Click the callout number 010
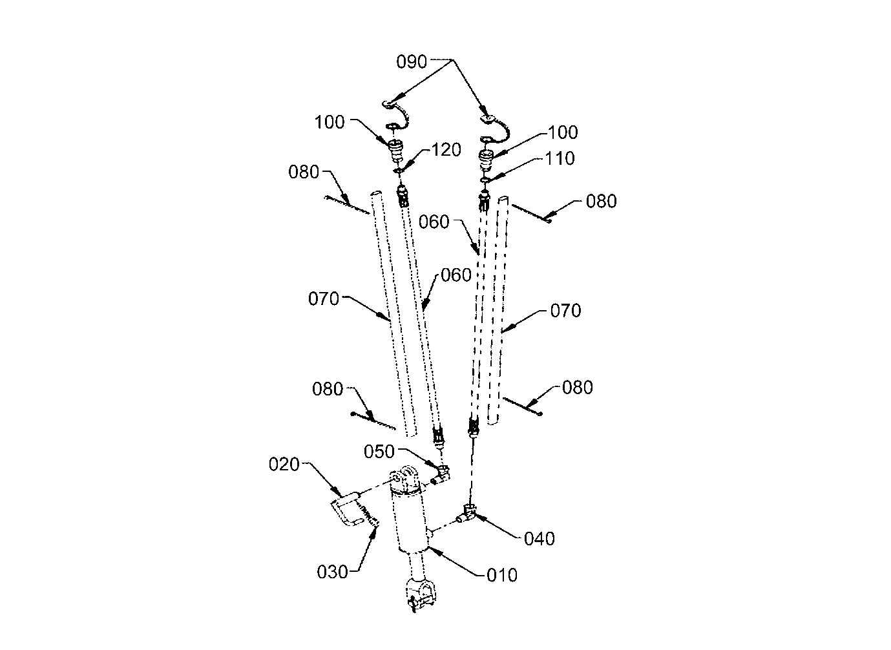tap(502, 575)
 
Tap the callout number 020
tap(284, 464)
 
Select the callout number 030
tap(332, 572)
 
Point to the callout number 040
tap(539, 539)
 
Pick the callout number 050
tap(379, 452)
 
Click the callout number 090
tap(412, 61)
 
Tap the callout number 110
tap(560, 158)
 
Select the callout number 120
tap(446, 149)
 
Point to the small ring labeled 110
tap(485, 180)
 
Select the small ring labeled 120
tap(398, 171)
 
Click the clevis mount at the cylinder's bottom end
tap(420, 594)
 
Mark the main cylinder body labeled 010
tap(412, 521)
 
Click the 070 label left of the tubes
tap(324, 299)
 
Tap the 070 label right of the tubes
tap(565, 310)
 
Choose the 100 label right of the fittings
tap(563, 132)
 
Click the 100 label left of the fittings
tap(330, 122)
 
